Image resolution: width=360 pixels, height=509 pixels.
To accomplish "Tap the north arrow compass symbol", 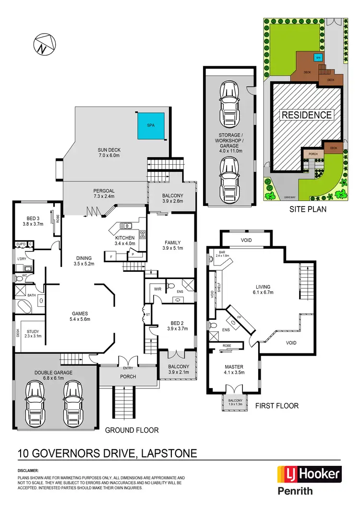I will (42, 44).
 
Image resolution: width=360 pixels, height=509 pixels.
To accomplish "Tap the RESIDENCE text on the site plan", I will (306, 115).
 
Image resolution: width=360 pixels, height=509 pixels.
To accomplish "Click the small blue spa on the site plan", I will (317, 58).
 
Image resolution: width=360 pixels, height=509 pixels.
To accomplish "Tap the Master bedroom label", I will (235, 369).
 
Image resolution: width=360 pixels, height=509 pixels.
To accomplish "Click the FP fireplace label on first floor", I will (240, 317).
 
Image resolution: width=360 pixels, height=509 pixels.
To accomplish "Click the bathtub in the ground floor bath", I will (24, 305).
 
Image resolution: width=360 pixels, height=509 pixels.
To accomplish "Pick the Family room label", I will (171, 245).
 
